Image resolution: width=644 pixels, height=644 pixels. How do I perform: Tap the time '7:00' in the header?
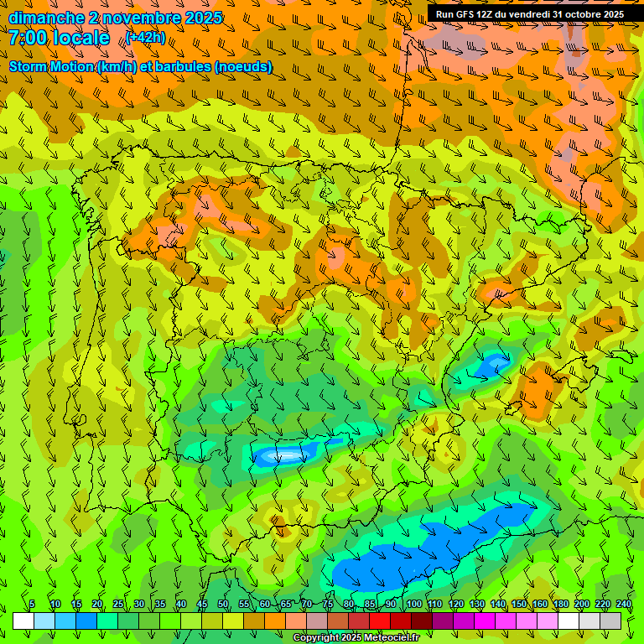click(28, 38)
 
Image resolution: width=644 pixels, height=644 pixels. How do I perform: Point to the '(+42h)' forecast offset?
click(145, 38)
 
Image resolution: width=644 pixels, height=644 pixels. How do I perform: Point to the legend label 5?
click(32, 604)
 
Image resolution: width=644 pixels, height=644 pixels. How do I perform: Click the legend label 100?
click(413, 604)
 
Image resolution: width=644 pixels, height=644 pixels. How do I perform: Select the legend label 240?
click(624, 604)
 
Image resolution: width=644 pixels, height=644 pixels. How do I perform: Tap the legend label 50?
click(223, 604)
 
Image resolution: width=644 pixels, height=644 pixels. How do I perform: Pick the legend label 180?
click(561, 604)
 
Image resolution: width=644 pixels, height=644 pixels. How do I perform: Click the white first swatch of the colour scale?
click(23, 621)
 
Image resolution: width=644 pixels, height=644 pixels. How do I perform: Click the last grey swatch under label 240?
click(610, 621)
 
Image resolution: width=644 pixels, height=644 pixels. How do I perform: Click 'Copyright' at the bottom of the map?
click(315, 638)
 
